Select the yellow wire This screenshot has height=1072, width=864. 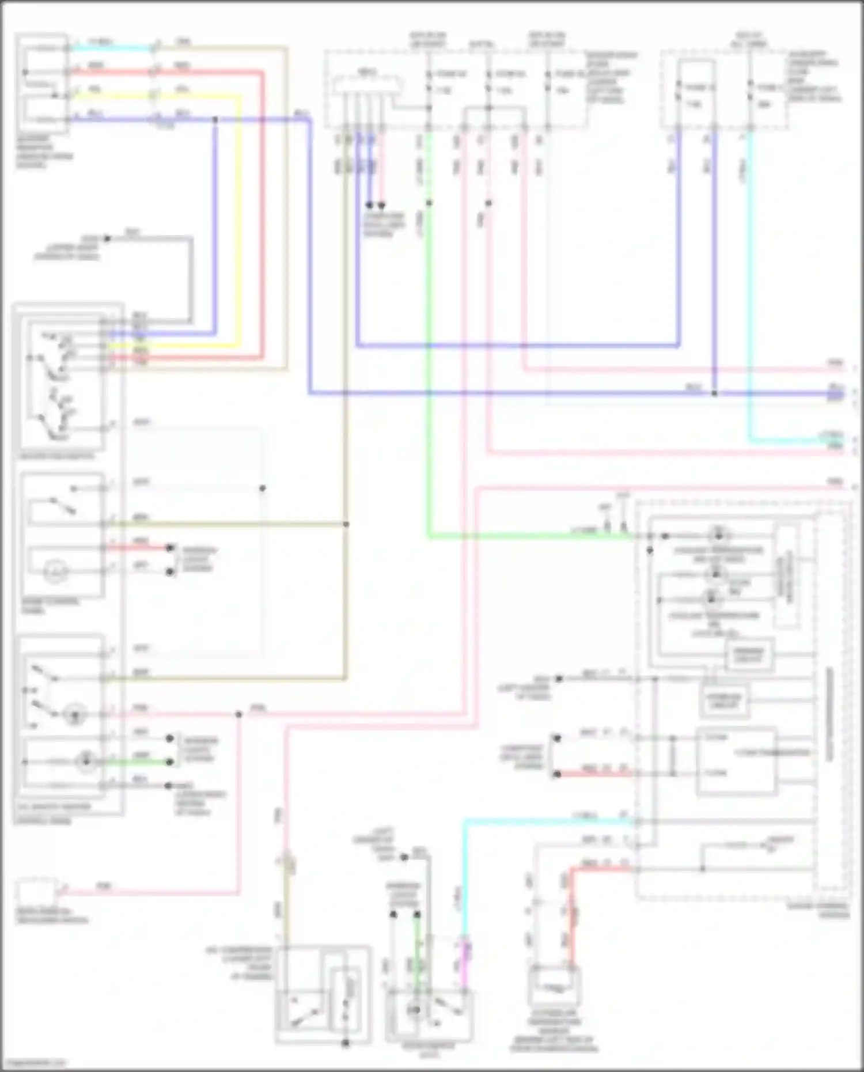coord(237,230)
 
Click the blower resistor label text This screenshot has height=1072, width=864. coord(44,152)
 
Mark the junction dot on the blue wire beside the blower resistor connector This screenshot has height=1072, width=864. coord(215,120)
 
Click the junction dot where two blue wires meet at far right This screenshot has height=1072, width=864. coord(714,393)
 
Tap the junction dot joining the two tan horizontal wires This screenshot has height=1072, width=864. coord(346,524)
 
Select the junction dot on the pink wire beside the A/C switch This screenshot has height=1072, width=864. coord(238,715)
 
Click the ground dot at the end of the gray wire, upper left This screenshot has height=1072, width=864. coord(107,238)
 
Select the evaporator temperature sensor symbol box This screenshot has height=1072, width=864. coord(554,986)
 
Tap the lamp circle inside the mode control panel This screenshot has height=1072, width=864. coord(55,572)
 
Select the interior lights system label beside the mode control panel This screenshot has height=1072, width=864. coord(199,559)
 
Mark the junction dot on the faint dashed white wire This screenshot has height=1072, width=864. coord(262,488)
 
